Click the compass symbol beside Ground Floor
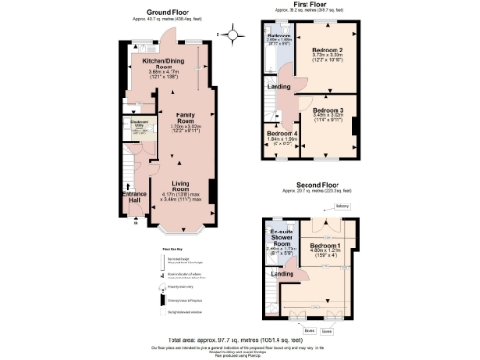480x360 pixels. pos(219,35)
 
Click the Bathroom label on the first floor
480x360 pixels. pos(278,36)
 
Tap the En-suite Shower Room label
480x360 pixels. pos(280,237)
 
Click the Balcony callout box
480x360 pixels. pos(342,207)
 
